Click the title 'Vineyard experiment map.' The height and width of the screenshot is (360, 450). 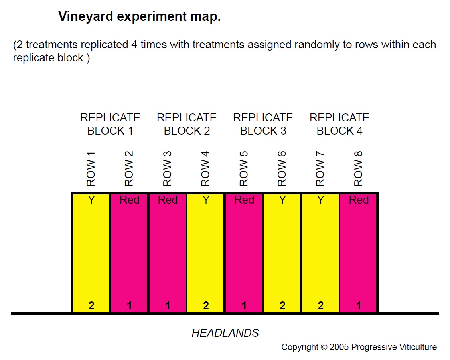[x=139, y=17]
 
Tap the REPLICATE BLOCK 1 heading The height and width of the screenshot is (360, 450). [x=110, y=124]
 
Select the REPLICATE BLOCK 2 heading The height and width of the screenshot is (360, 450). [x=187, y=124]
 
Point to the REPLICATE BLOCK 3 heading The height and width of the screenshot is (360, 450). [x=263, y=124]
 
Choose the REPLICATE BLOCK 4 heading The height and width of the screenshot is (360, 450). [x=339, y=124]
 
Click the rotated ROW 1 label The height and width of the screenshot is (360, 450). [x=91, y=168]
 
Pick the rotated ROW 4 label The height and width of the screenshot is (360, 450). [x=205, y=168]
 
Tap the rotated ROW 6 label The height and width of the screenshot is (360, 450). [x=282, y=168]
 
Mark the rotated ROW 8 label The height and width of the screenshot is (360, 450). [x=358, y=168]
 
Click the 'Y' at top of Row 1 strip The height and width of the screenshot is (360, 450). [x=91, y=200]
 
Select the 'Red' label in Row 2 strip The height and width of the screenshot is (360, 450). [x=130, y=200]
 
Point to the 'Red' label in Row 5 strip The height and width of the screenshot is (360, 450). [x=244, y=200]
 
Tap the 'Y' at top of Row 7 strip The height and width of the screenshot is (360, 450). [x=321, y=200]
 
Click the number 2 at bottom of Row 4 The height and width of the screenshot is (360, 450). [x=206, y=306]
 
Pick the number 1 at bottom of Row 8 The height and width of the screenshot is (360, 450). [x=359, y=306]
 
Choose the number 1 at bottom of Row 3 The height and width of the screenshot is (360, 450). [x=168, y=306]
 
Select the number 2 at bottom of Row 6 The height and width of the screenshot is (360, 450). [x=282, y=306]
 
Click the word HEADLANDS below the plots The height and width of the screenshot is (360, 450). [x=225, y=333]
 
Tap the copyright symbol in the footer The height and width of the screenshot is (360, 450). [x=323, y=347]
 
